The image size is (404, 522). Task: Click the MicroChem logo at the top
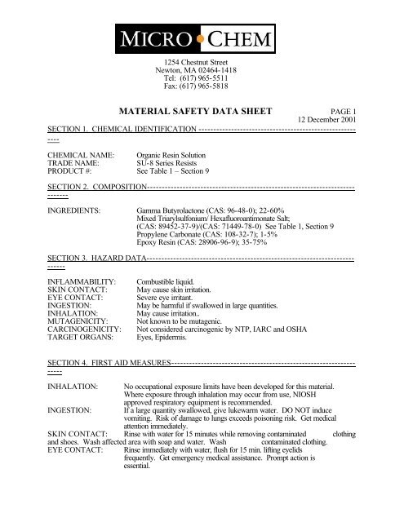202,38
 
